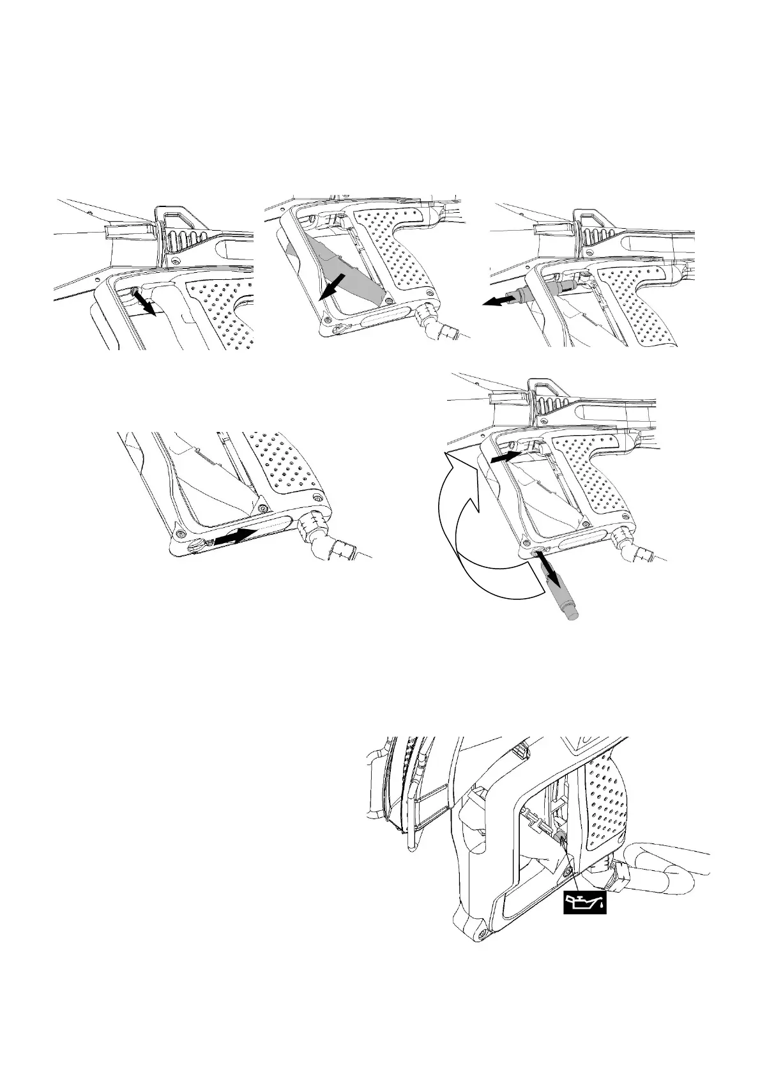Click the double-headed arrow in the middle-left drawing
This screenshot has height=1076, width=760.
(x=236, y=536)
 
